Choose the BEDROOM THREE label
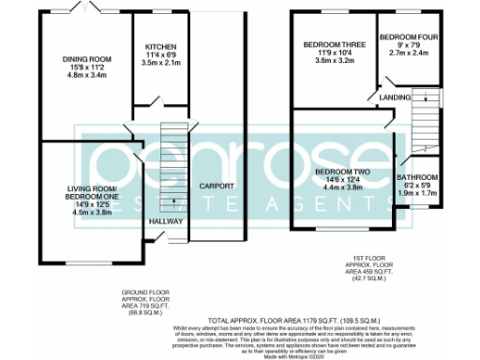click(x=326, y=45)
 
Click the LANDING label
click(x=392, y=97)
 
